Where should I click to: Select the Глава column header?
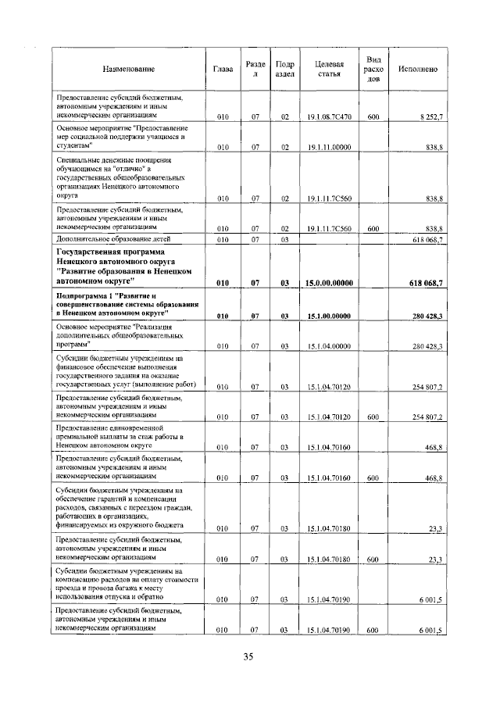point(223,70)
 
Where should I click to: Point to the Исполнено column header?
point(417,70)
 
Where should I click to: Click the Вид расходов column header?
point(373,70)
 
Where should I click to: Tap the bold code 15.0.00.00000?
point(328,283)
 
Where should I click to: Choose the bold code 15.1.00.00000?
point(328,315)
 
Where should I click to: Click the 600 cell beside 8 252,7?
point(373,117)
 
